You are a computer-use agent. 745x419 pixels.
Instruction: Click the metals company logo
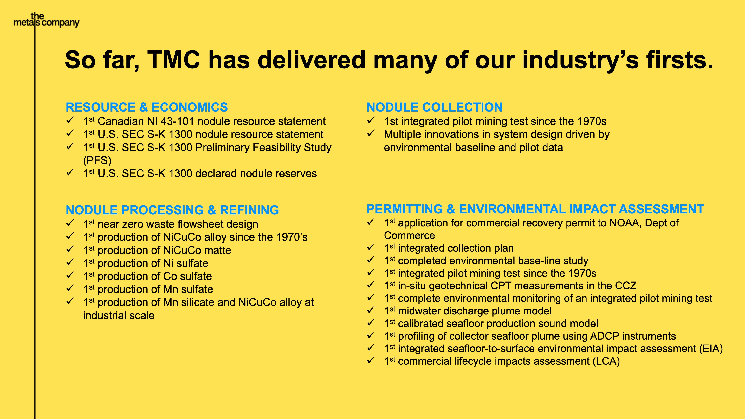pyautogui.click(x=46, y=20)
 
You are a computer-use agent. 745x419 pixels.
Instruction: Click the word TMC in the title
pyautogui.click(x=173, y=60)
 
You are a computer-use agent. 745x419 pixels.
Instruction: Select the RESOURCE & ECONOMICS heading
pyautogui.click(x=147, y=107)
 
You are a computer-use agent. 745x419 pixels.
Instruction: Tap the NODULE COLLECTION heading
pyautogui.click(x=434, y=107)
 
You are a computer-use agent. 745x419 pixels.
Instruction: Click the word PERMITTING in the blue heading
pyautogui.click(x=404, y=209)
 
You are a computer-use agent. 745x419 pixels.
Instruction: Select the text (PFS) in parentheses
pyautogui.click(x=97, y=160)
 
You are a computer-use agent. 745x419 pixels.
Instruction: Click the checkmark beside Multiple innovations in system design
pyautogui.click(x=371, y=134)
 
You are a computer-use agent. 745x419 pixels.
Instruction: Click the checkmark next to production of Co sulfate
pyautogui.click(x=70, y=276)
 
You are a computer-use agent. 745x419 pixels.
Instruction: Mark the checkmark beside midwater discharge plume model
pyautogui.click(x=371, y=311)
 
